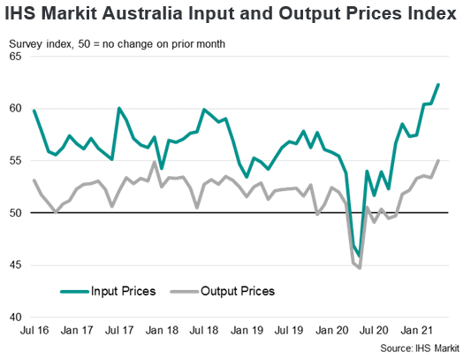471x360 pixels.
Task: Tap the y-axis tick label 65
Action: (x=15, y=57)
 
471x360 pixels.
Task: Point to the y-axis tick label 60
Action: (x=15, y=109)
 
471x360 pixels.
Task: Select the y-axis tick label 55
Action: (x=15, y=161)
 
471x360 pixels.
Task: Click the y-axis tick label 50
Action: (x=15, y=213)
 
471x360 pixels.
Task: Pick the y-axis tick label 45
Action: (x=15, y=265)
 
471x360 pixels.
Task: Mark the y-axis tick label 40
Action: (x=15, y=317)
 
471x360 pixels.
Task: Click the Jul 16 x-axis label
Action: (x=34, y=331)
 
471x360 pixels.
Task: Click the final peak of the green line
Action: (x=439, y=84)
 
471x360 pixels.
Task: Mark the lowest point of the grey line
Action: (x=361, y=268)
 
